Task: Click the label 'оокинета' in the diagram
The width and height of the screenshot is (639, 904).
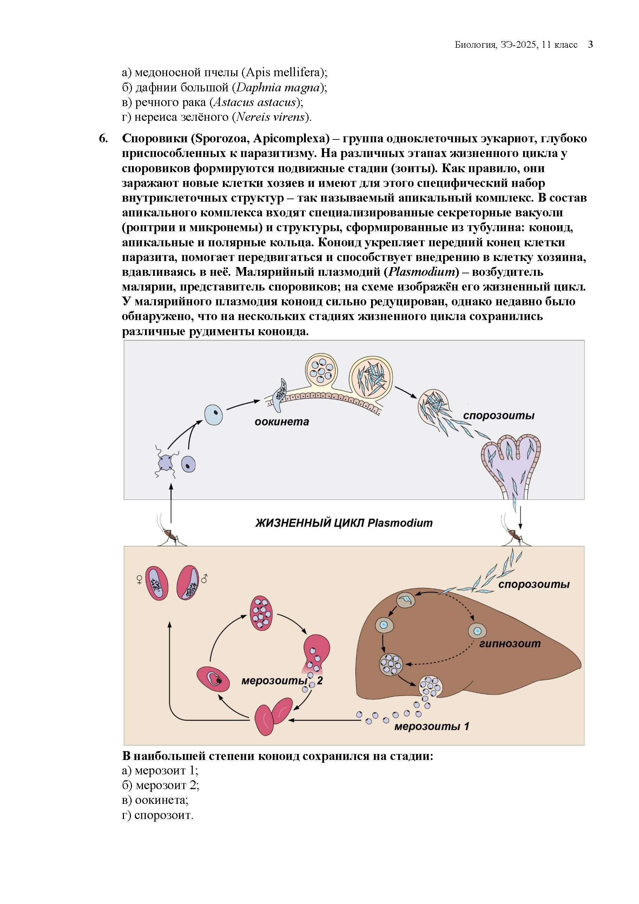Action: (282, 422)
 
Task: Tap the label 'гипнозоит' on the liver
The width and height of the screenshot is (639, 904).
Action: (510, 644)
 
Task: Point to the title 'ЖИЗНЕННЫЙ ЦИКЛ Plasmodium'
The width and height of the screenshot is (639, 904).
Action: (344, 523)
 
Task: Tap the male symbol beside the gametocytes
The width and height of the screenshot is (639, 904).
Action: (204, 578)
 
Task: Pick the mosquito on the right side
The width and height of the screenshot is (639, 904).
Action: (514, 535)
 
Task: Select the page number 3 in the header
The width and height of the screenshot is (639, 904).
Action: (590, 45)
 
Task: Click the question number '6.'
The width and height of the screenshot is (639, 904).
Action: (103, 138)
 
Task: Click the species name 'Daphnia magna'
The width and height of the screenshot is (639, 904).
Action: (278, 87)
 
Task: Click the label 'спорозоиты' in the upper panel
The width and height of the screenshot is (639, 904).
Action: (499, 415)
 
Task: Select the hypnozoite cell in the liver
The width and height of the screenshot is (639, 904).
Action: (477, 630)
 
